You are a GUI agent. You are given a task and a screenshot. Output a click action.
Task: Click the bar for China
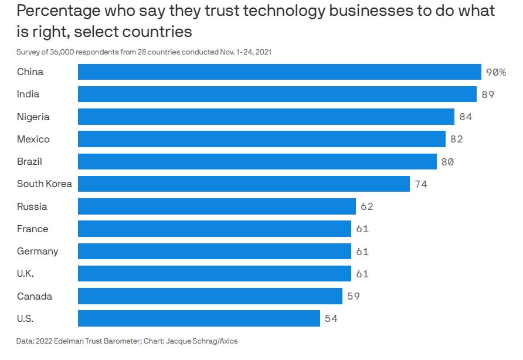point(279,72)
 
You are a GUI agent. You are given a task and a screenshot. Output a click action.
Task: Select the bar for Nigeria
point(266,117)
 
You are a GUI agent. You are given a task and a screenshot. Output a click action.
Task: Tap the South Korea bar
point(243,184)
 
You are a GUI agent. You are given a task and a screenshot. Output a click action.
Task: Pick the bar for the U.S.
point(199,318)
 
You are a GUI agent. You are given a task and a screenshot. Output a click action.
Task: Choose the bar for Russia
point(216,206)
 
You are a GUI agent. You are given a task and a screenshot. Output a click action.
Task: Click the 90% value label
point(495,72)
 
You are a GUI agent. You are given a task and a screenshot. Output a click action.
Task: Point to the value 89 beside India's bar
point(488,94)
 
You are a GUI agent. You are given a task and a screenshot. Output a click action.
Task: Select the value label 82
point(457,140)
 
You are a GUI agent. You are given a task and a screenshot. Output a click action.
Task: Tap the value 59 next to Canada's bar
point(354,296)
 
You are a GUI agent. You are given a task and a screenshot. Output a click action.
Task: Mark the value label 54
point(331,319)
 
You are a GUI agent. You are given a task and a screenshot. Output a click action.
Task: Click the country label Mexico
point(33,139)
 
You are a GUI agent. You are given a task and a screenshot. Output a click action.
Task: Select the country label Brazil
point(29,161)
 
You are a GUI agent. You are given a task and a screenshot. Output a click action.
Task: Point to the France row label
point(33,229)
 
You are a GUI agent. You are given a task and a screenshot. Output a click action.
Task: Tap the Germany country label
point(38,251)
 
